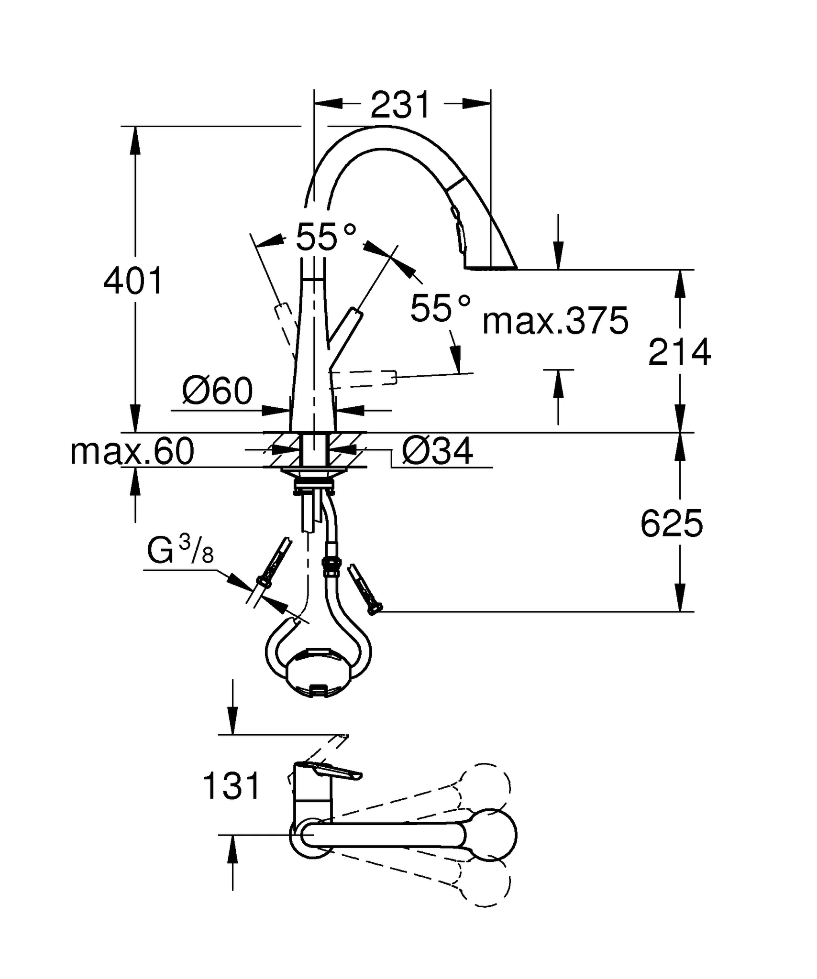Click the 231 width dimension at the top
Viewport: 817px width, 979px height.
[401, 105]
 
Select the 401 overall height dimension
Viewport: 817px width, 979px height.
[133, 281]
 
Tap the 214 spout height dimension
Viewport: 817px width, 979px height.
[679, 352]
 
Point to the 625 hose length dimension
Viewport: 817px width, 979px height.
[672, 523]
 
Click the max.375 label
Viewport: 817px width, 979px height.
[555, 321]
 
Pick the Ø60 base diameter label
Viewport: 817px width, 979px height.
[218, 391]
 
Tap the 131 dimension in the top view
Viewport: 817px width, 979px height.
[232, 786]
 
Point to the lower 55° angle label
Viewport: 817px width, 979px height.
[441, 307]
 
